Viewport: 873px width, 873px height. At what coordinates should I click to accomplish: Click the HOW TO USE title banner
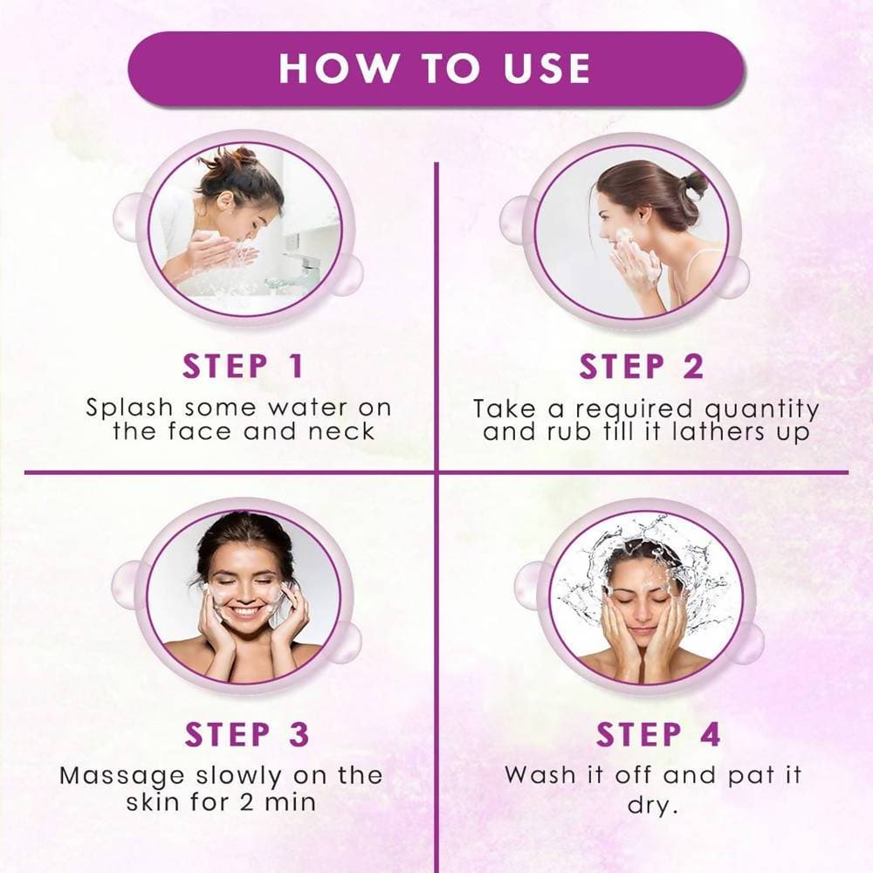tap(436, 69)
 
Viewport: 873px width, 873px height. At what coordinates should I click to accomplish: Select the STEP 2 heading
tap(642, 367)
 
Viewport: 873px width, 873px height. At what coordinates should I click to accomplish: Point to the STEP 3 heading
tap(247, 735)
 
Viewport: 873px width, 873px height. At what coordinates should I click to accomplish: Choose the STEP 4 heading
tap(659, 735)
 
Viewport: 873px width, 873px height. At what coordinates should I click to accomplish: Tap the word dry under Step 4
tap(652, 804)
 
